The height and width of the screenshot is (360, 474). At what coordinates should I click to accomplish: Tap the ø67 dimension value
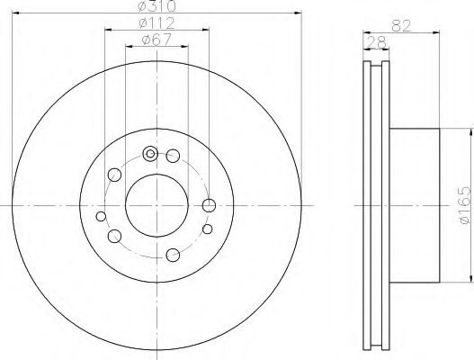click(x=158, y=38)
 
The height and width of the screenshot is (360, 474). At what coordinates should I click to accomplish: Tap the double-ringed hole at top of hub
click(x=150, y=153)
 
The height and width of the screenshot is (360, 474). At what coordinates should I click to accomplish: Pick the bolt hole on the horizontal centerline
click(x=210, y=205)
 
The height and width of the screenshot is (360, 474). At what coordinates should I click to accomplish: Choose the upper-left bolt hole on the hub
click(x=113, y=175)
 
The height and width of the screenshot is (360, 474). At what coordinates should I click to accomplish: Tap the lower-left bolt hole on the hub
click(x=114, y=237)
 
